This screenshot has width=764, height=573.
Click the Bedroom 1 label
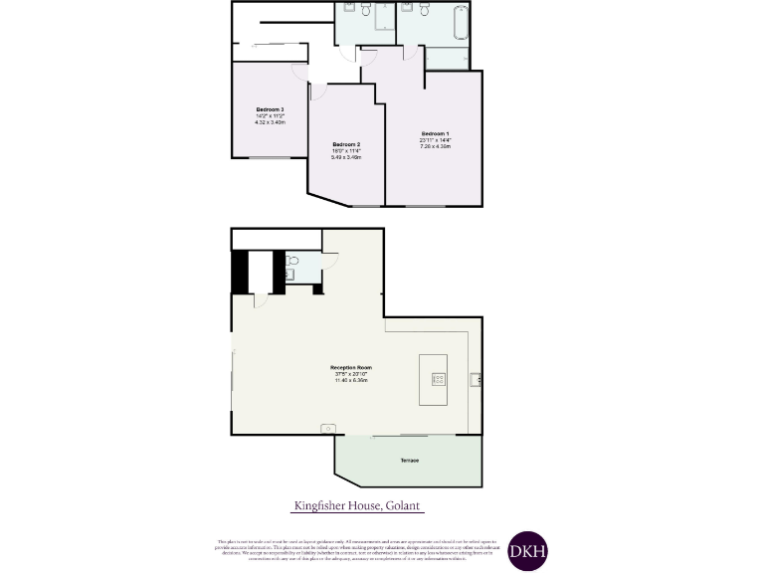pyautogui.click(x=436, y=133)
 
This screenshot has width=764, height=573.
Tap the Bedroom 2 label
pyautogui.click(x=346, y=144)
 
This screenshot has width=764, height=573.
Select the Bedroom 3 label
pyautogui.click(x=270, y=109)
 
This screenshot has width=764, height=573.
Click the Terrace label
pyautogui.click(x=410, y=461)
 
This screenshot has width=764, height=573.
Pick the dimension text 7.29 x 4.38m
pyautogui.click(x=436, y=146)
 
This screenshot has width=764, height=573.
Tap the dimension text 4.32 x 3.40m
pyautogui.click(x=270, y=122)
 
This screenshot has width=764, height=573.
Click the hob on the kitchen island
pyautogui.click(x=437, y=378)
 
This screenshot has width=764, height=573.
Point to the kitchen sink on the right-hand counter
pyautogui.click(x=477, y=378)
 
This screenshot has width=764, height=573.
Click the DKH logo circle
pyautogui.click(x=527, y=550)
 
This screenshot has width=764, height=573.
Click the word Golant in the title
pyautogui.click(x=404, y=506)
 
